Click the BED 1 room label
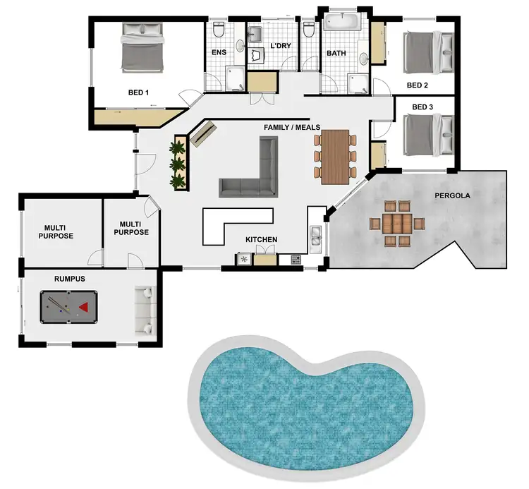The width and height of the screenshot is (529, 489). coord(138,92)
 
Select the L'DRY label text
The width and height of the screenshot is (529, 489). coord(281,47)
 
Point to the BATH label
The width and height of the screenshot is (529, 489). coord(334,53)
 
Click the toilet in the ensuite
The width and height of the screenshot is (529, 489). coord(219,30)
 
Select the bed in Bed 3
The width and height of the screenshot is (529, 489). coord(428,135)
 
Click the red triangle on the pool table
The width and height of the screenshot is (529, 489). coord(84,307)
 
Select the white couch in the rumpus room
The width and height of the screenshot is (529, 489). coord(145,309)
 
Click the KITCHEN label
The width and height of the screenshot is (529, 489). coord(261,240)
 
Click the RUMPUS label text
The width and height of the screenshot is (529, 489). coord(70,279)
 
